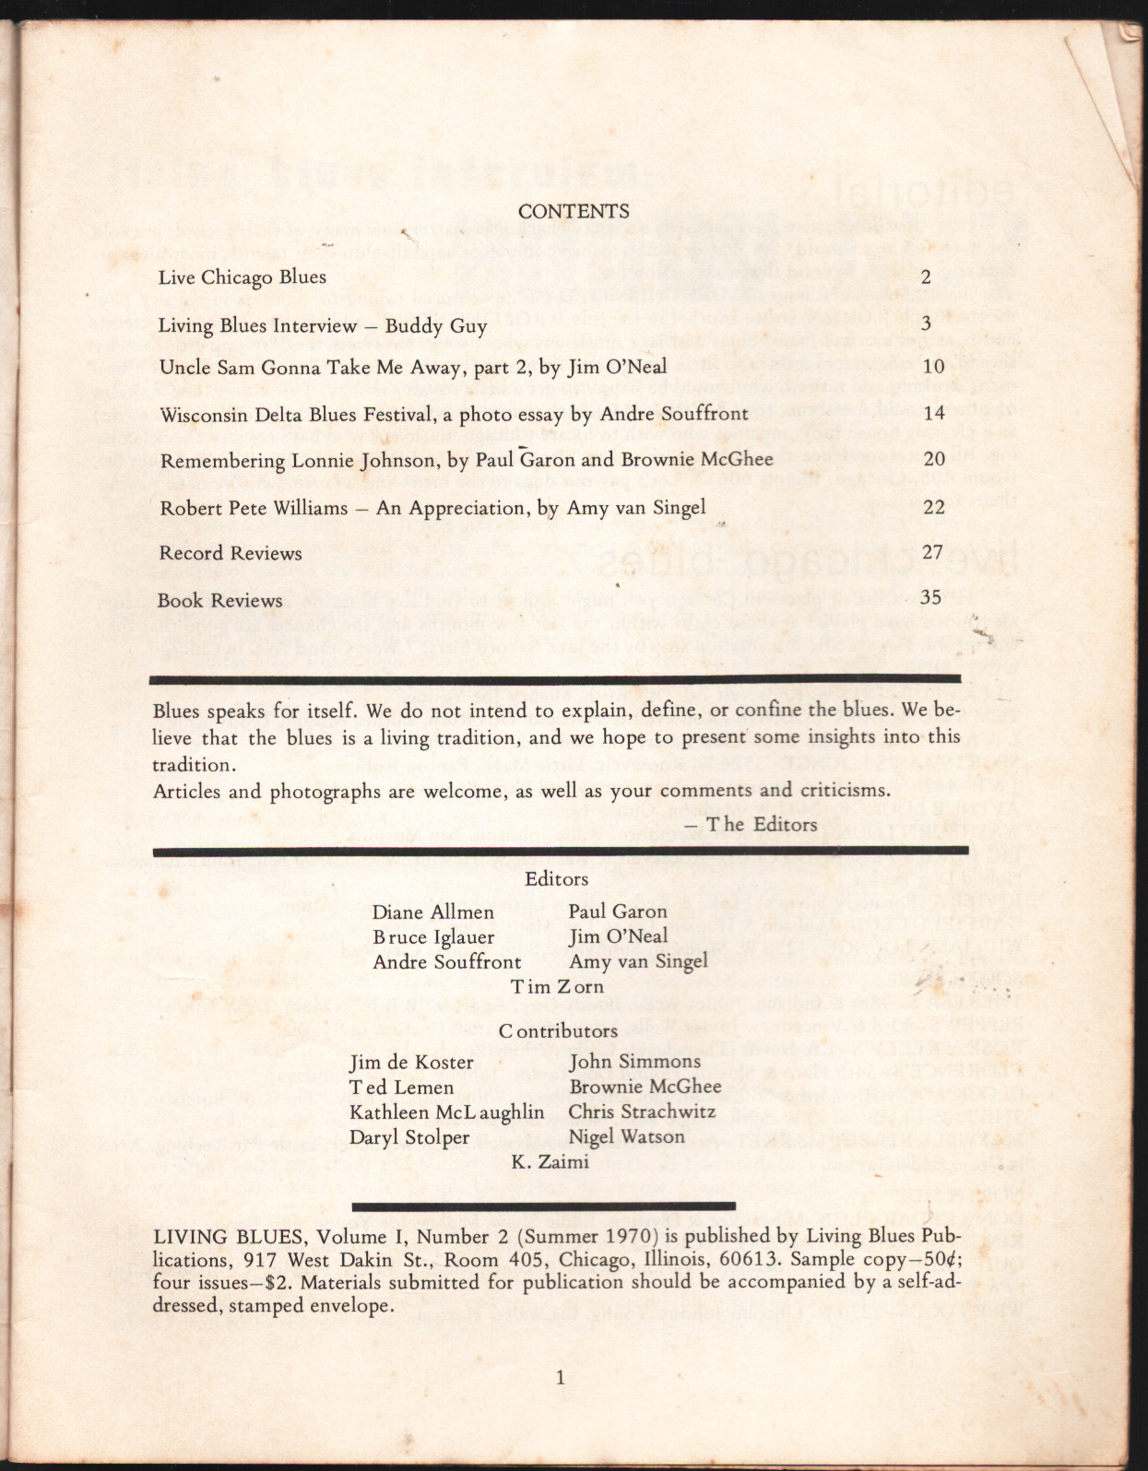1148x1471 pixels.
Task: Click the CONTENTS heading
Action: (x=574, y=211)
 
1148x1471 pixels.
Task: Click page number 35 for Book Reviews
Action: (x=931, y=596)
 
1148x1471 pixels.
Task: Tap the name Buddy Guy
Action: (x=436, y=325)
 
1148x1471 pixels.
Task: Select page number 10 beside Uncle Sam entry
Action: (x=933, y=367)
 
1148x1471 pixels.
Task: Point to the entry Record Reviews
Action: (x=231, y=553)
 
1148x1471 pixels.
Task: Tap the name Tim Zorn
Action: (x=557, y=986)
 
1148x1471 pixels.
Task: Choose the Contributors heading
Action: (x=558, y=1030)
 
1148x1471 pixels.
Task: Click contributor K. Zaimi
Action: (x=550, y=1161)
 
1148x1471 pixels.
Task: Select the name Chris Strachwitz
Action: (x=642, y=1112)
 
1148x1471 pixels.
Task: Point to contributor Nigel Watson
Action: (x=626, y=1136)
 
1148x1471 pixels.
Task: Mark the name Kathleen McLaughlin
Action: (x=446, y=1112)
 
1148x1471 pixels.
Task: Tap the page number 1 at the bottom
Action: (x=561, y=1379)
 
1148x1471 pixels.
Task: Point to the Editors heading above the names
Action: (x=556, y=878)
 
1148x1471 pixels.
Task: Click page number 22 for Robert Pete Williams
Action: (x=933, y=507)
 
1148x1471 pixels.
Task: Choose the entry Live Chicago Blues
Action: (x=242, y=277)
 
